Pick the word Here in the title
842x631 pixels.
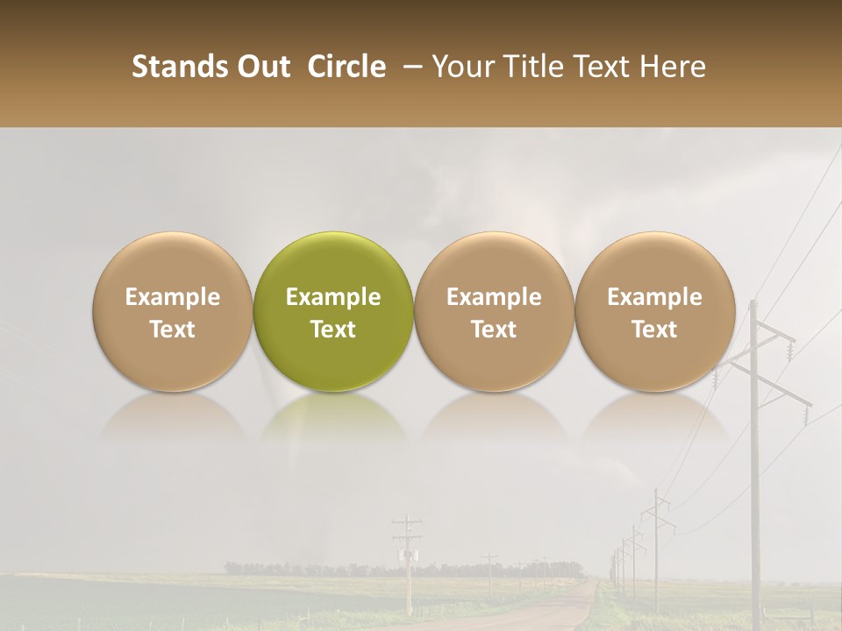pos(674,67)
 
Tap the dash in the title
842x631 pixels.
pos(409,67)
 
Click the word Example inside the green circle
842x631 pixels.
pos(332,298)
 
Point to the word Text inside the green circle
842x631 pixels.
pos(332,330)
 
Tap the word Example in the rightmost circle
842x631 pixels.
pos(654,298)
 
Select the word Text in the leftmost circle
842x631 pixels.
pos(172,330)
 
